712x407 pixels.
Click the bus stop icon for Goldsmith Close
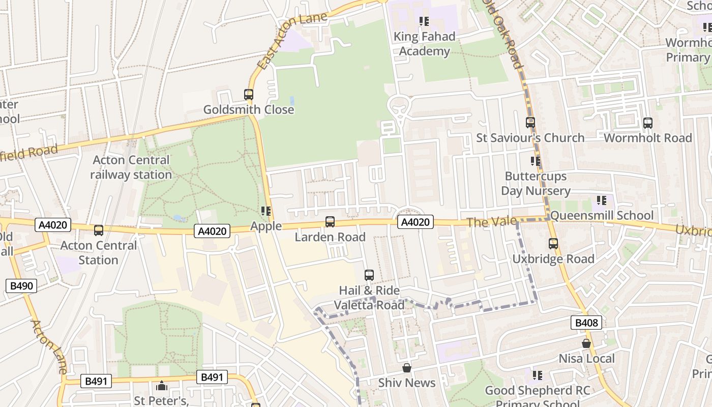[249, 95]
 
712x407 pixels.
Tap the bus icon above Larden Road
[330, 222]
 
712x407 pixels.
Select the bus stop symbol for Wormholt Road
[647, 123]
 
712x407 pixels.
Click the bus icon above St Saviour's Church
[530, 123]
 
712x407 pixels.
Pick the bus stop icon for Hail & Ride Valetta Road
[369, 275]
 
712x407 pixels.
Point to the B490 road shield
[21, 286]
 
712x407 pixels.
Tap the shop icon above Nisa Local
[586, 343]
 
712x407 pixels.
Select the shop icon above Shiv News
[407, 368]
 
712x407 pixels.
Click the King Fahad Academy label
[424, 44]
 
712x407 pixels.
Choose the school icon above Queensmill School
[602, 200]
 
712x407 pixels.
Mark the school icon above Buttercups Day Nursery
[536, 161]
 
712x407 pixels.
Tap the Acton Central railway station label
[131, 167]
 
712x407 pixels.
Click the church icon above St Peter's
[162, 386]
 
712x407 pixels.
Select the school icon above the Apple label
[266, 211]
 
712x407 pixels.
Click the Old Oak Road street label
[507, 36]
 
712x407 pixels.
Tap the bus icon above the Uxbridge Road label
[553, 244]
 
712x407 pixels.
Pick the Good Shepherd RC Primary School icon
[538, 375]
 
